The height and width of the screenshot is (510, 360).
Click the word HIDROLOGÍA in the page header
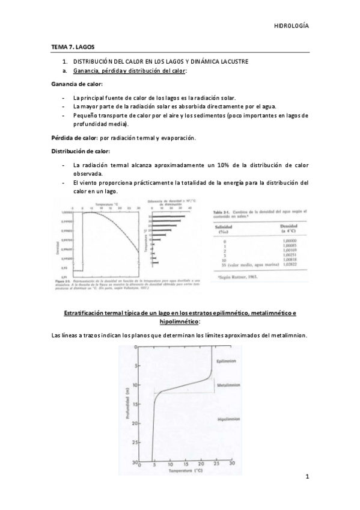[x=291, y=26]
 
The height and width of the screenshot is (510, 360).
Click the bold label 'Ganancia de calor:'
[x=76, y=84]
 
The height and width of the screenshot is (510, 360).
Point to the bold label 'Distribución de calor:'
[x=81, y=151]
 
